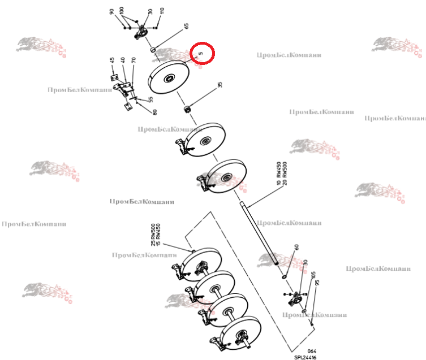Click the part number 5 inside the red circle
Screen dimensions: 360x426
click(201, 54)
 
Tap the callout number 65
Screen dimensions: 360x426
click(186, 26)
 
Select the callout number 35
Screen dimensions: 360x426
click(220, 85)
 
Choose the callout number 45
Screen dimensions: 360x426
click(113, 60)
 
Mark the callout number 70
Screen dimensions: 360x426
click(134, 59)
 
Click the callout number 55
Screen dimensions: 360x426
click(150, 99)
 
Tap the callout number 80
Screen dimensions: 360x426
click(154, 112)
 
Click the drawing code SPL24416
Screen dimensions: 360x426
click(304, 357)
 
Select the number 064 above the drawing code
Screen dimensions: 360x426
click(312, 351)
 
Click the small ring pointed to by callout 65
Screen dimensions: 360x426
click(153, 50)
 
